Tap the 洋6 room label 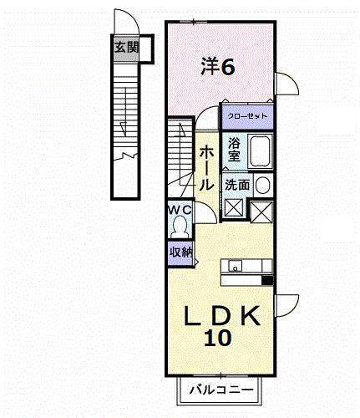point(216,66)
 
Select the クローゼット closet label point(246,115)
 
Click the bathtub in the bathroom point(260,150)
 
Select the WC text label point(180,209)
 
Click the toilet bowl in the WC point(181,226)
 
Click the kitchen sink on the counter point(236,268)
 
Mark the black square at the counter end point(267,280)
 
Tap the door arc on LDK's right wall point(286,307)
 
